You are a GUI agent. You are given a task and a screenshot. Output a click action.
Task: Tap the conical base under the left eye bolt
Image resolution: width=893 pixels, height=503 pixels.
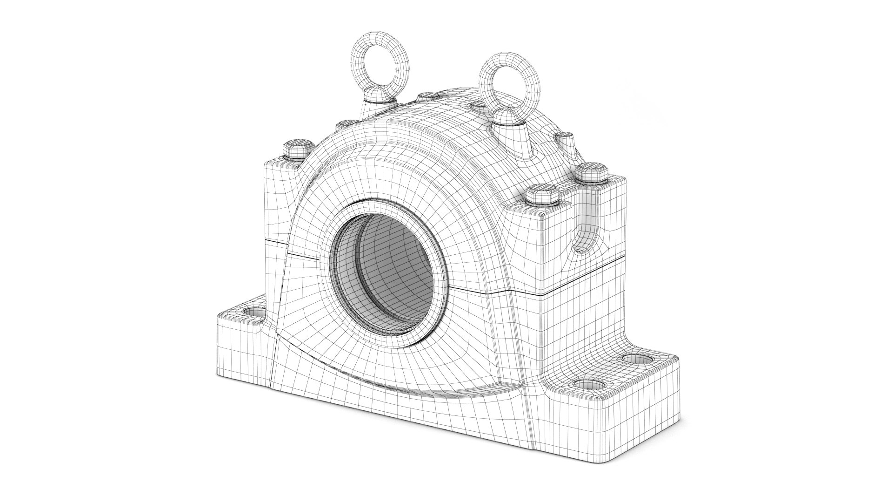point(378,108)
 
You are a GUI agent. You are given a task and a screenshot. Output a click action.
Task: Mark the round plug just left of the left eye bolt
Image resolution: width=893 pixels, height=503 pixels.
point(347,124)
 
